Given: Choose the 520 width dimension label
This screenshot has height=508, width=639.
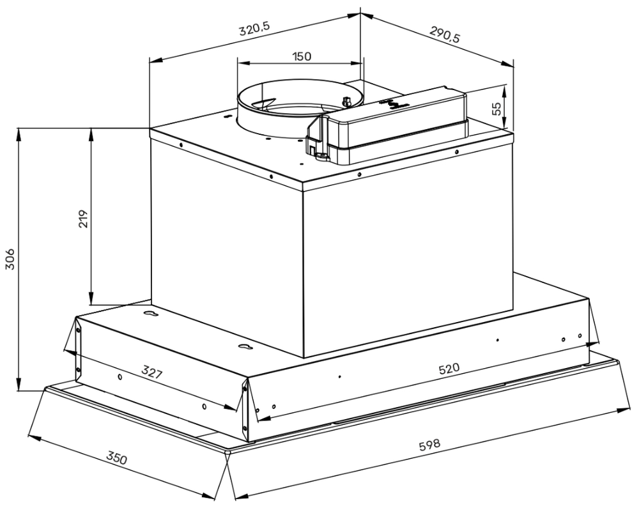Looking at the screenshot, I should (449, 369).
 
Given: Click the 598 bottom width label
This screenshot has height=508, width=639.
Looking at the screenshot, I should (429, 446).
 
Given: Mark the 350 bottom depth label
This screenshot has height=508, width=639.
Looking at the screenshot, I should (116, 458).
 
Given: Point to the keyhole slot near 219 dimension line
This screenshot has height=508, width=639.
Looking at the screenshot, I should (151, 314).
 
